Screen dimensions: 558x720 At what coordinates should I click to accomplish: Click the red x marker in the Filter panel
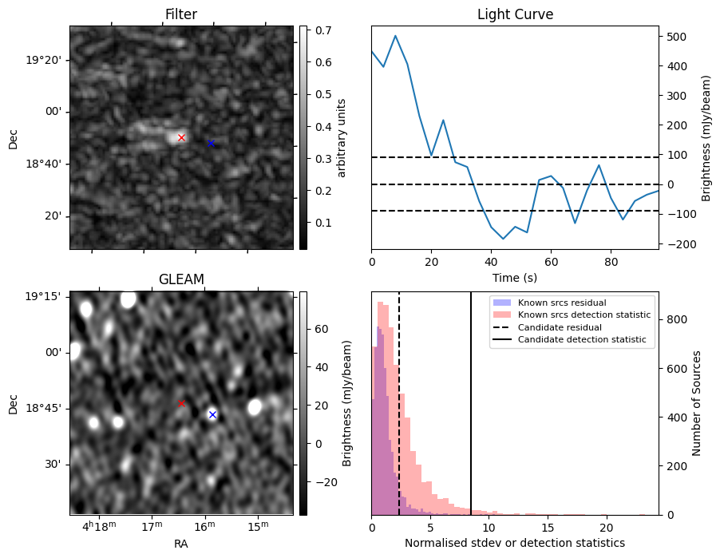click(x=181, y=137)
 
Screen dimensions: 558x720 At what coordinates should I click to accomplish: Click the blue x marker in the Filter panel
click(x=211, y=143)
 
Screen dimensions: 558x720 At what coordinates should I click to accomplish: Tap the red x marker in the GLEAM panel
click(x=181, y=403)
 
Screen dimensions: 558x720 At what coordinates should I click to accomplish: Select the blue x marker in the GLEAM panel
click(x=212, y=414)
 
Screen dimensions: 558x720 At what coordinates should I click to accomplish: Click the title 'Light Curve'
click(x=515, y=14)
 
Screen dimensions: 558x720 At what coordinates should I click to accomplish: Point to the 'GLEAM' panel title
click(x=181, y=279)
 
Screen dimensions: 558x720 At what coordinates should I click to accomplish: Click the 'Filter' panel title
click(x=181, y=14)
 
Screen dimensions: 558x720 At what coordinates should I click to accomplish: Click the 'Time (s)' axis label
click(x=515, y=277)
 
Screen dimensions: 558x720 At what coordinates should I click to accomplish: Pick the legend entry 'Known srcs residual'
click(x=561, y=303)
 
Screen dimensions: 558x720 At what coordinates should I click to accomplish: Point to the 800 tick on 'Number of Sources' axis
click(x=675, y=319)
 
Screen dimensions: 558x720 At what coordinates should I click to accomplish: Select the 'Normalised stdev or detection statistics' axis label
click(x=515, y=543)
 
